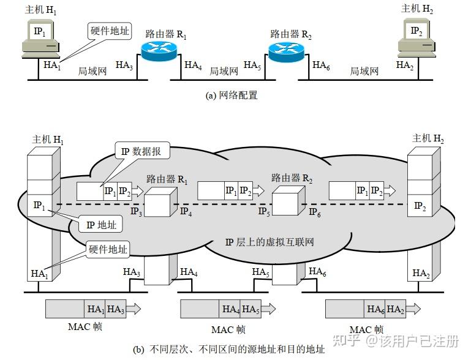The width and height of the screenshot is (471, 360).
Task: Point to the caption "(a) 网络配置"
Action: click(x=232, y=96)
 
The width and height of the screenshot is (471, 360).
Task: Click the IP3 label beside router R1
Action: click(x=136, y=212)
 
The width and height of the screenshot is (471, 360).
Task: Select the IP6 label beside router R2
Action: click(x=315, y=212)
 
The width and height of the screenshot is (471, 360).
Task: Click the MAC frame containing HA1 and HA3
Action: click(x=91, y=309)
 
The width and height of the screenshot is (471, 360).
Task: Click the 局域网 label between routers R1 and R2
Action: click(x=224, y=71)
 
